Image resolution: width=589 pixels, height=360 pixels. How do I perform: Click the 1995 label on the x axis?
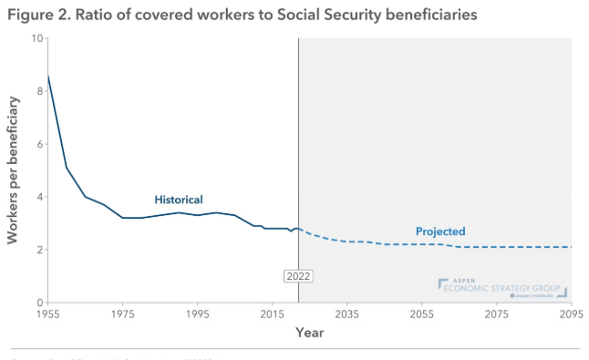(197, 314)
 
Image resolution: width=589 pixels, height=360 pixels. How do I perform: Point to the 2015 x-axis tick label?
(272, 314)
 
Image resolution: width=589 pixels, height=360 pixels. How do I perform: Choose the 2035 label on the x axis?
(346, 314)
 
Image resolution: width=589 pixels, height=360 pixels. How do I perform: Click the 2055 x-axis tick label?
(421, 314)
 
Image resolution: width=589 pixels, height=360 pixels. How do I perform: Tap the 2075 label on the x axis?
(496, 314)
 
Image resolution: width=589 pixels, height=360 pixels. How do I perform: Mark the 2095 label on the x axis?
(570, 314)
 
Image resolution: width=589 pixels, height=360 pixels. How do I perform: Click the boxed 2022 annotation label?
(298, 275)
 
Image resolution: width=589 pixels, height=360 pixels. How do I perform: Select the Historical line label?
(178, 200)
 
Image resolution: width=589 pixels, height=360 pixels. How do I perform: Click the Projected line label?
(440, 231)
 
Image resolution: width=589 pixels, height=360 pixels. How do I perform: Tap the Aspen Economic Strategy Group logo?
(502, 288)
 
